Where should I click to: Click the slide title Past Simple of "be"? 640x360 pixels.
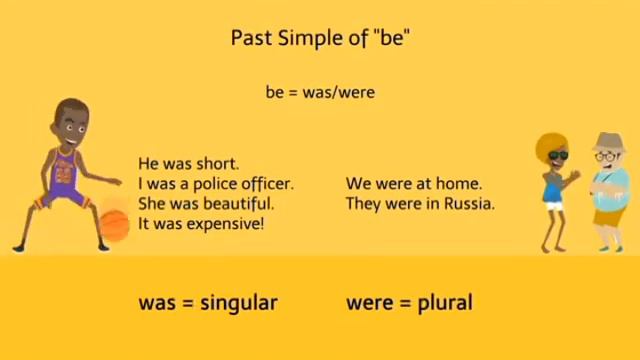point(320,39)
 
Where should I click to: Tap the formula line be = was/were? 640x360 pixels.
point(320,93)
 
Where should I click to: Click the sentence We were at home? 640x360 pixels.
point(414,184)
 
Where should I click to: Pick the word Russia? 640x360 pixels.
point(470,204)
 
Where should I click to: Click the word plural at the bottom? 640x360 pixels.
point(445,301)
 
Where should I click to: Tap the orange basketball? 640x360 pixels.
point(113,221)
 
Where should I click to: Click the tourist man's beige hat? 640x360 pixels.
point(607,142)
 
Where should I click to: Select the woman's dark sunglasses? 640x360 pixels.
point(556,156)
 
